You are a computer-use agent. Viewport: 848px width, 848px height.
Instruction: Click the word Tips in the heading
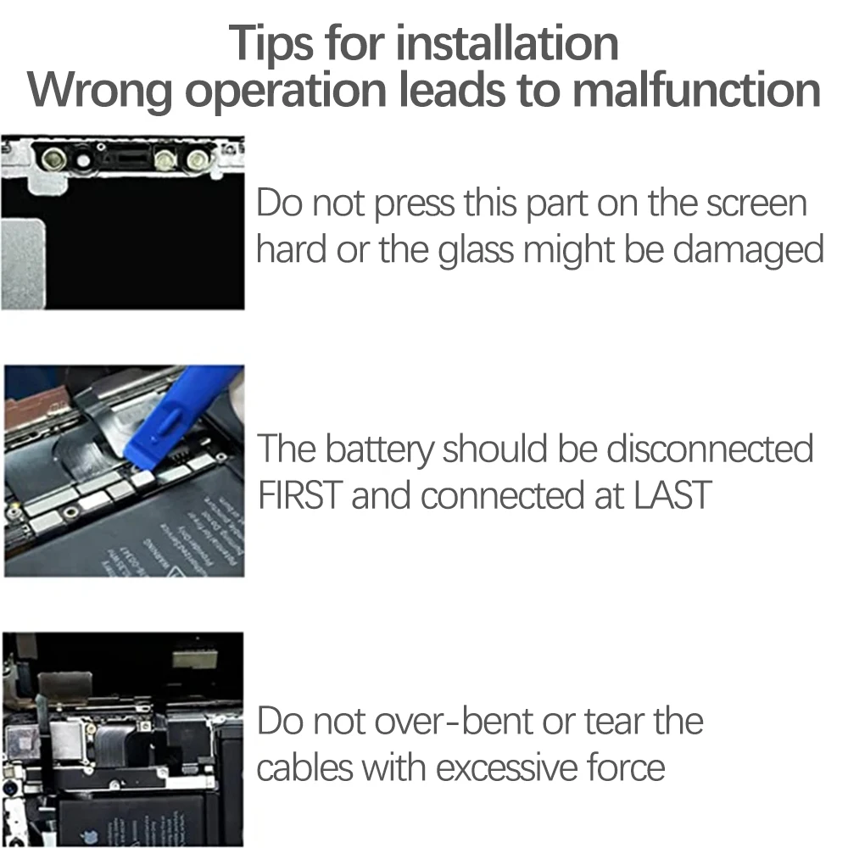(x=271, y=44)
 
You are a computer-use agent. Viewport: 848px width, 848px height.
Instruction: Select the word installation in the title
(x=507, y=42)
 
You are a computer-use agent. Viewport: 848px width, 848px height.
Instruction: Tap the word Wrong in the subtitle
(x=99, y=91)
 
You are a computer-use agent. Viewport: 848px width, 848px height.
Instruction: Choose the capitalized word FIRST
(x=300, y=495)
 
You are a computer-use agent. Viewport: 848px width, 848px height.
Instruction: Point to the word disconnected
(x=709, y=449)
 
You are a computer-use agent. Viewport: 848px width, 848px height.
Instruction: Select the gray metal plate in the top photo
(x=23, y=264)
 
